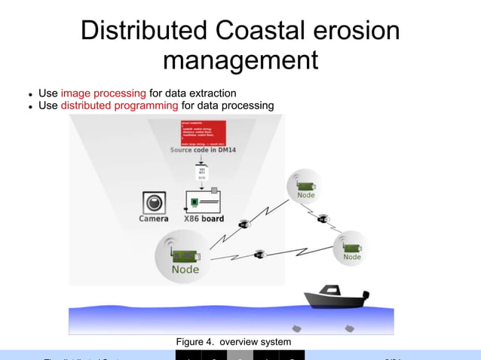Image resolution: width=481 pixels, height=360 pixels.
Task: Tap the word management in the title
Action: pos(240,59)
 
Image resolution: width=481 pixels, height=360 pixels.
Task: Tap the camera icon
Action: pos(155,203)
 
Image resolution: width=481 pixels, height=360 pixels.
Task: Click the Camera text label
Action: pos(154,219)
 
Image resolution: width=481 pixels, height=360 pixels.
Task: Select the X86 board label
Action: pos(204,219)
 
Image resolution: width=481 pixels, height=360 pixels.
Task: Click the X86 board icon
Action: pos(202,200)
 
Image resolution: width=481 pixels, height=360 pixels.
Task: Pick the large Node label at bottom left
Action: pos(185,269)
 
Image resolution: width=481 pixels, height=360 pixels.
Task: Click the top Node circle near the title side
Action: pos(305,187)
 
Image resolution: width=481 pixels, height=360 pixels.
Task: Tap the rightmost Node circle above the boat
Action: pos(351,249)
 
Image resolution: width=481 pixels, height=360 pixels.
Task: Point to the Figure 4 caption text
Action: pos(234,343)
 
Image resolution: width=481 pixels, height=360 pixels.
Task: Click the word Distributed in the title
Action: pos(144,31)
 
